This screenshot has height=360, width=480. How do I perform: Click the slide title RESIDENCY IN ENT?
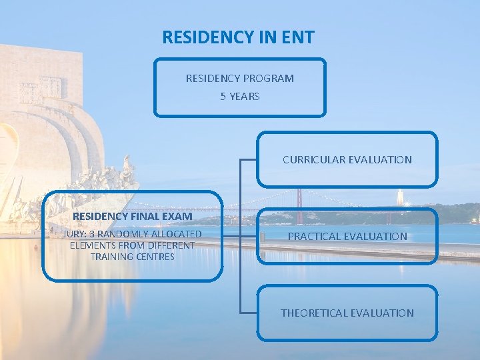point(238,37)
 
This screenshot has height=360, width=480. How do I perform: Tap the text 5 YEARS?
point(240,97)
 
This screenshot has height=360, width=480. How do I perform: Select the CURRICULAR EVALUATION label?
point(347,160)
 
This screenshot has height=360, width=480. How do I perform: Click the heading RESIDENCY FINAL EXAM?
point(133,217)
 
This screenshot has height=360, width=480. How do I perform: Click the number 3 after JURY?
point(92,234)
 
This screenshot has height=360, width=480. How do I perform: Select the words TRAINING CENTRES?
point(133,257)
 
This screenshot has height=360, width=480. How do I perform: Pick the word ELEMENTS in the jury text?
point(91,245)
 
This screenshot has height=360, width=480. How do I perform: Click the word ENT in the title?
point(297,37)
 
